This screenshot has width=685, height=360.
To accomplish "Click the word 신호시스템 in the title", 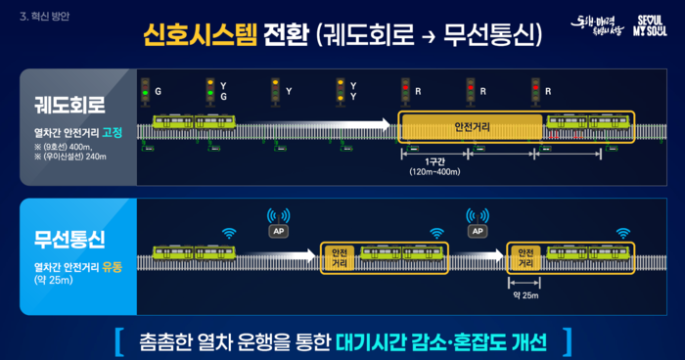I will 201,36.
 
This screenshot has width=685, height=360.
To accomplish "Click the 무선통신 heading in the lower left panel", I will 69,238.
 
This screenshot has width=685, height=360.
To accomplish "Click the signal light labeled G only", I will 144,90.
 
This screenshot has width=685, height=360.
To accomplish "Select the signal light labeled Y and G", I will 208,90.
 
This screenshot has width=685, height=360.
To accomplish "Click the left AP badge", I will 277,230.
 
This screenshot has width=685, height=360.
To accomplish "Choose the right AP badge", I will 478,230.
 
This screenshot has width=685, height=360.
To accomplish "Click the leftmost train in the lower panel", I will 194,255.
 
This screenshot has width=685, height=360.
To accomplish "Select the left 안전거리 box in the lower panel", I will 341,256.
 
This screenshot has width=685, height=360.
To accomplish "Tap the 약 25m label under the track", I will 525,294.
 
